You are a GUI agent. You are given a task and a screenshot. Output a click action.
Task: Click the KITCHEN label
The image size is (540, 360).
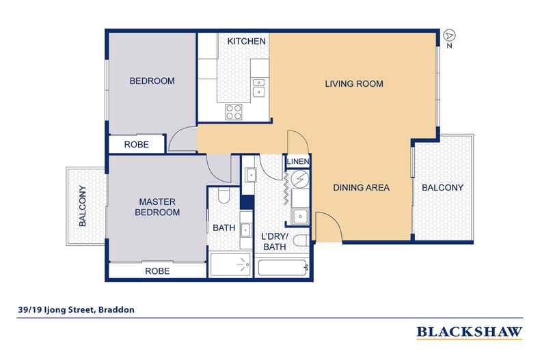click(x=246, y=42)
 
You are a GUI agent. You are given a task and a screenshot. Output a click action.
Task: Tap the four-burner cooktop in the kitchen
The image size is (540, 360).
click(x=234, y=111)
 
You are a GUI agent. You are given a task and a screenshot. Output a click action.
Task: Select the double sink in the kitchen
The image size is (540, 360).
click(x=259, y=87)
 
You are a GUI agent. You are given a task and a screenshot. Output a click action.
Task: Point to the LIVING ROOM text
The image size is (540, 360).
click(x=353, y=84)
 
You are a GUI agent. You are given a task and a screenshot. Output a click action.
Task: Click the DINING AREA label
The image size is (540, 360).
click(x=361, y=188)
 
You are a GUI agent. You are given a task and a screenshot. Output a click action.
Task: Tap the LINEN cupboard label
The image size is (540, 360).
click(x=299, y=161)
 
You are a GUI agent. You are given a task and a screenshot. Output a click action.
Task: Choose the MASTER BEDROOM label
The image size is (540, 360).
click(x=159, y=207)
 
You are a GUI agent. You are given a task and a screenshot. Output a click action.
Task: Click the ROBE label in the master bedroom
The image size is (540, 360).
click(x=157, y=271)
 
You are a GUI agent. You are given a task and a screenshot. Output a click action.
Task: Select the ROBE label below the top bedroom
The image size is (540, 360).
click(x=137, y=145)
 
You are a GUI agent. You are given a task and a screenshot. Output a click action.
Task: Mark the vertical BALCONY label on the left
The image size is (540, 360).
click(x=83, y=206)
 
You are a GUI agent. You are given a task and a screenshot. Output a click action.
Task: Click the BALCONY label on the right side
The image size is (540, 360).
click(x=442, y=188)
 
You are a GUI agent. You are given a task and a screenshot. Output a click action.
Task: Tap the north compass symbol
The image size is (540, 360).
click(x=448, y=34)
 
